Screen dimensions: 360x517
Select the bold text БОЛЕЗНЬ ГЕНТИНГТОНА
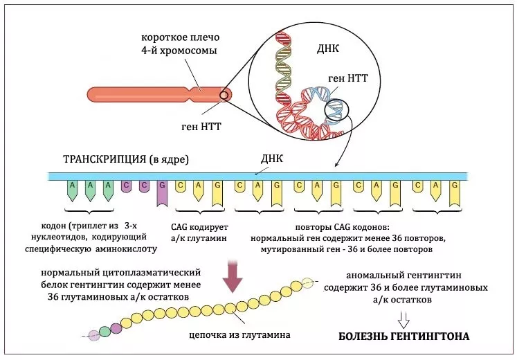coord(403,337)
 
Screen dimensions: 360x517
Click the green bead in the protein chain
coord(105,332)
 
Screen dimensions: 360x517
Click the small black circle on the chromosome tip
coord(224,94)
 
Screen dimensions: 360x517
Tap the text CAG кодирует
coord(199,226)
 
